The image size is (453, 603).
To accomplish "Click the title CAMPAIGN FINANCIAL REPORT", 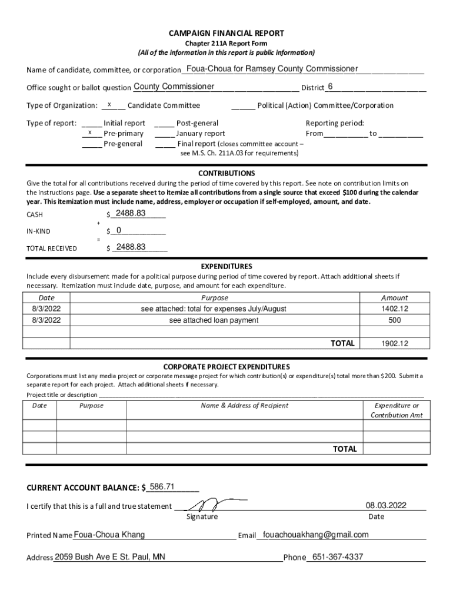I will click(x=226, y=34).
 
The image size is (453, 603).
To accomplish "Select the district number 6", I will click(x=330, y=87).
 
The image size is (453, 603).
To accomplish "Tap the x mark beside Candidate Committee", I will click(x=110, y=105).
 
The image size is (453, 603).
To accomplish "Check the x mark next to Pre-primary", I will click(x=90, y=133).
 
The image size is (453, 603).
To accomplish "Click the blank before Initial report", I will click(x=91, y=124).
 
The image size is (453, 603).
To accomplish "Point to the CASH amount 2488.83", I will click(x=130, y=213).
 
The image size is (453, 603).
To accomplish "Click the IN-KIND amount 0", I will click(x=119, y=230).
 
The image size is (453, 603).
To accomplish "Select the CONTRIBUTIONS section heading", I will click(x=226, y=173).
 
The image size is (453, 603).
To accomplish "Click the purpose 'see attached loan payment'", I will click(x=214, y=320).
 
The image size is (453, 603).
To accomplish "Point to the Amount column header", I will click(x=394, y=298).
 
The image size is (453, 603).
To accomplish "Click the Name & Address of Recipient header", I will click(x=244, y=405).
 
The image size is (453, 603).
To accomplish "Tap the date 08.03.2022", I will click(x=385, y=505).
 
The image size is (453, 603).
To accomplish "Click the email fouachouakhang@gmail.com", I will click(x=316, y=535).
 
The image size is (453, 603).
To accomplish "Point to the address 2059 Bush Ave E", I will click(x=109, y=557).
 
